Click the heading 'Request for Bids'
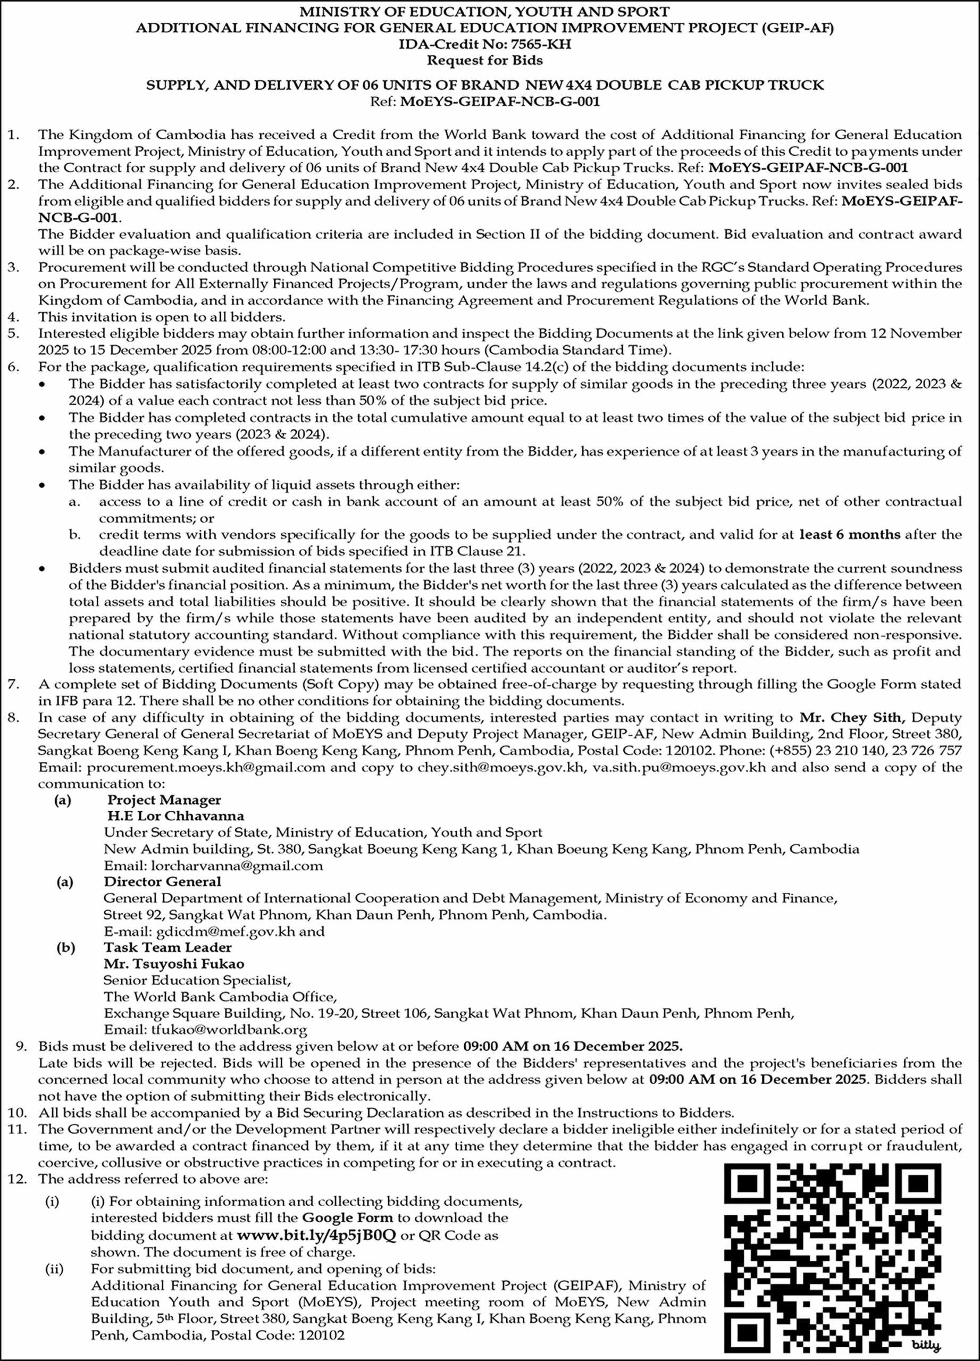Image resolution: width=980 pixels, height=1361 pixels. tap(484, 60)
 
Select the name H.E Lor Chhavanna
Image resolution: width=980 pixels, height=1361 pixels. tap(175, 816)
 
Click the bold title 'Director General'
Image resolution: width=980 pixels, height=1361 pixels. tap(162, 881)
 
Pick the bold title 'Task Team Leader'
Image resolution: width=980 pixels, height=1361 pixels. tap(167, 947)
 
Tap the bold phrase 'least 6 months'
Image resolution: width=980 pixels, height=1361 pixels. tap(850, 534)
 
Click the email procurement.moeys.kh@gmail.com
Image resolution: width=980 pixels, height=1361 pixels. tap(206, 767)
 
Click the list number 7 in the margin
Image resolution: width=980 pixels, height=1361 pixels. tap(14, 684)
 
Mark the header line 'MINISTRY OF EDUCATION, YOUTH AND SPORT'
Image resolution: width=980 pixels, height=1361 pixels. tap(484, 11)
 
